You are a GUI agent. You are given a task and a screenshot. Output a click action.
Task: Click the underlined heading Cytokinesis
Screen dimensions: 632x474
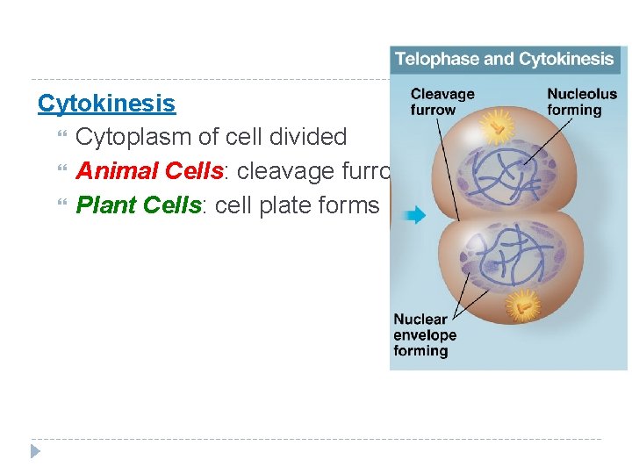pyautogui.click(x=106, y=104)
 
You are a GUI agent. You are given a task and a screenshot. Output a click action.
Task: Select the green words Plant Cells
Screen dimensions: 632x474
pyautogui.click(x=139, y=205)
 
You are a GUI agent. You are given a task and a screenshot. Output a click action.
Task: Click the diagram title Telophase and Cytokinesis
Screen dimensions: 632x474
pyautogui.click(x=504, y=60)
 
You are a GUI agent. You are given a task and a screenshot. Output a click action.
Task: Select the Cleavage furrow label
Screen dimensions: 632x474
pyautogui.click(x=442, y=102)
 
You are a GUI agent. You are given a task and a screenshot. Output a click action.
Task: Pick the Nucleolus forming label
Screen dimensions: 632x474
pyautogui.click(x=581, y=102)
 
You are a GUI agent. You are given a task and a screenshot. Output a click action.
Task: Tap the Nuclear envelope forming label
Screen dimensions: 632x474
pyautogui.click(x=425, y=334)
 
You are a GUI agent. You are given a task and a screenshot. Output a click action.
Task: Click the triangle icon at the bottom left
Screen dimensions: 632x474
pyautogui.click(x=35, y=451)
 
